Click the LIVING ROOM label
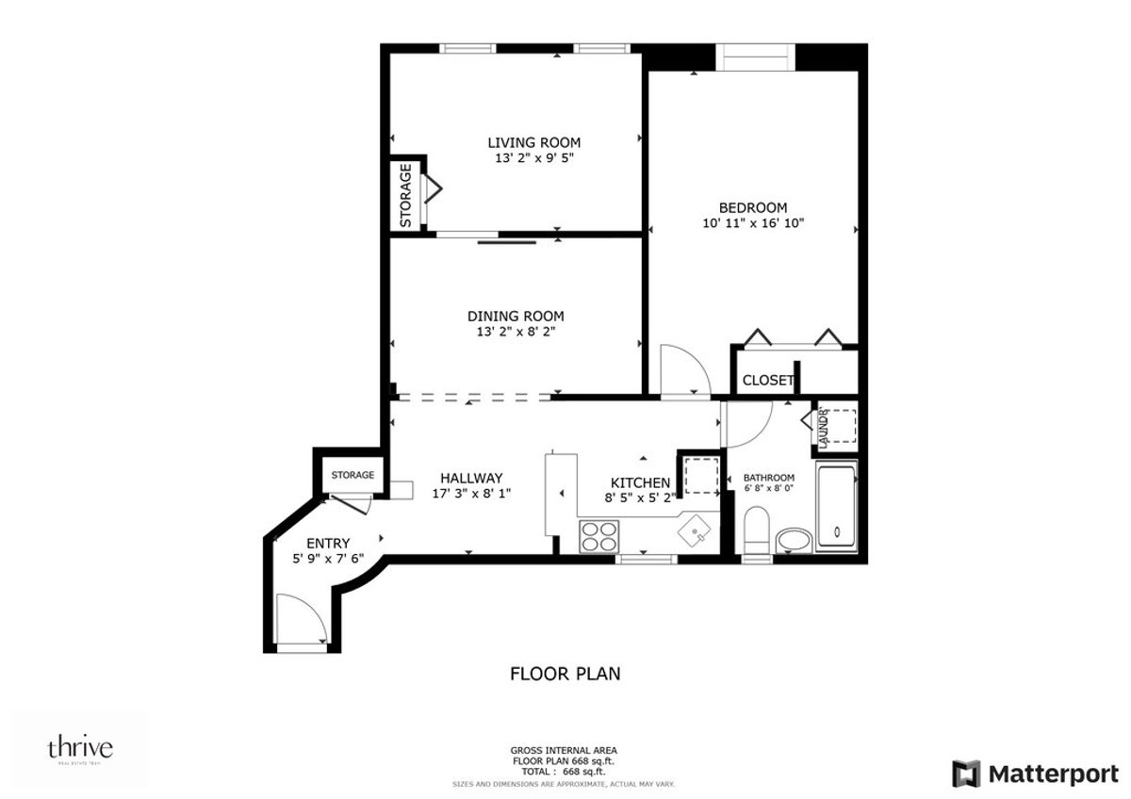point(533,142)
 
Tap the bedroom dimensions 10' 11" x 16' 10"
point(753,223)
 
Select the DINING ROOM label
point(516,316)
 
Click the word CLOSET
point(767,381)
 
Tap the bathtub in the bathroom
point(836,506)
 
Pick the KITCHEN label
point(640,482)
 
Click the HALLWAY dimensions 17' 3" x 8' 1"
point(471,493)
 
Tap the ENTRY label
point(328,543)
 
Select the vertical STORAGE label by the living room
point(405,196)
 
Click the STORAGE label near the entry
point(352,475)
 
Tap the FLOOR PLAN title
point(565,673)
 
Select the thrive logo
point(80,749)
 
